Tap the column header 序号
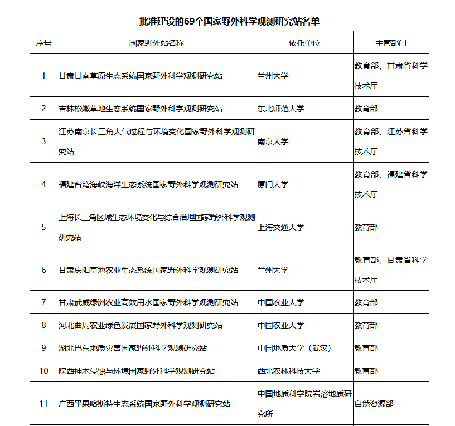[x=43, y=43]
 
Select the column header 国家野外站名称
[x=156, y=43]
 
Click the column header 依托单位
[x=304, y=43]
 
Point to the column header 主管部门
[x=390, y=43]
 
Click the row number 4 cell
[x=43, y=184]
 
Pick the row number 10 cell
[x=43, y=371]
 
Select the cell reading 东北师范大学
[x=280, y=109]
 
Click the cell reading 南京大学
[x=273, y=141]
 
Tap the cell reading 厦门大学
[x=273, y=184]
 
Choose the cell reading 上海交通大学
[x=280, y=227]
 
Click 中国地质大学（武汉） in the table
[x=294, y=348]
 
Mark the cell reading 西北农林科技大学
[x=288, y=371]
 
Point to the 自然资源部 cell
[x=374, y=404]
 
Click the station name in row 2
[x=141, y=109]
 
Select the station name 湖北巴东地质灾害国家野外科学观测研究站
[x=133, y=348]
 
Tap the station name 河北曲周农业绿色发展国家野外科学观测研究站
[x=141, y=325]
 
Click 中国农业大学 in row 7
[x=280, y=302]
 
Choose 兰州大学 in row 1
[x=273, y=76]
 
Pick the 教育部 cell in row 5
[x=366, y=227]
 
